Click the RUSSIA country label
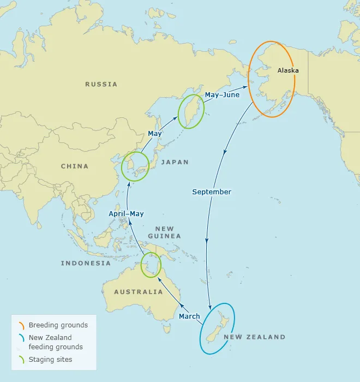pos(101,84)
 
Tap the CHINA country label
pos(74,166)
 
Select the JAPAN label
pos(175,162)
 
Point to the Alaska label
pos(288,70)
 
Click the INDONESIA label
pos(86,263)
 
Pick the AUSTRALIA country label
pos(138,292)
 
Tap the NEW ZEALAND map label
pos(254,337)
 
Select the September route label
pos(212,192)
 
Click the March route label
pos(189,317)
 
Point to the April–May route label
pos(126,213)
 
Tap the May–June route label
pos(222,95)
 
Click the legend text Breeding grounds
pos(58,325)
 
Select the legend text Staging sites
pos(50,360)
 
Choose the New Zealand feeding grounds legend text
pos(56,342)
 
